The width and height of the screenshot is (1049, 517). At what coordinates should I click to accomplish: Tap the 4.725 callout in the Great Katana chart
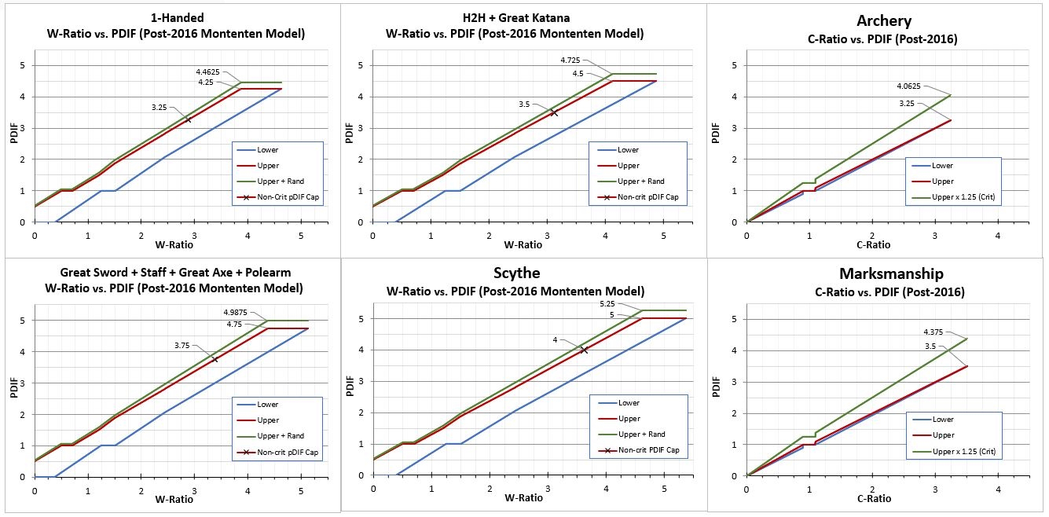pos(571,60)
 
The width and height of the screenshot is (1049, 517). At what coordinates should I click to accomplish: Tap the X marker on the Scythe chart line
pos(584,350)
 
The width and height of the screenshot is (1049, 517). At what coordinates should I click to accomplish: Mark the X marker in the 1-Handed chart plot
pos(189,119)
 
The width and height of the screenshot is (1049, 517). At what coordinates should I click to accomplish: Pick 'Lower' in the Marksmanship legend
pos(944,420)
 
